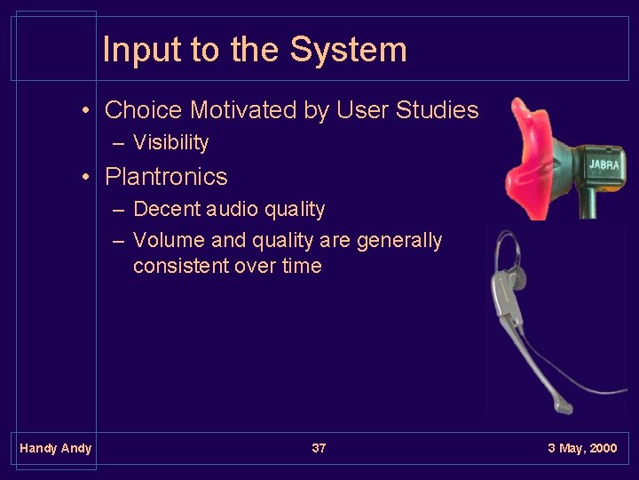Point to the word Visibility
[x=170, y=143]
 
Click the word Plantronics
[x=166, y=177]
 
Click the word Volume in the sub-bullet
[x=169, y=241]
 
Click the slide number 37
[x=319, y=448]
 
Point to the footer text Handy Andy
[x=55, y=448]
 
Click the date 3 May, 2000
[x=582, y=448]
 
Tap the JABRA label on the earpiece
[x=605, y=165]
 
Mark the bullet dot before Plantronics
[x=86, y=178]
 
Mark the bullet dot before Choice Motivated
[x=86, y=111]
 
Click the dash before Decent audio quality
[x=118, y=211]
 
